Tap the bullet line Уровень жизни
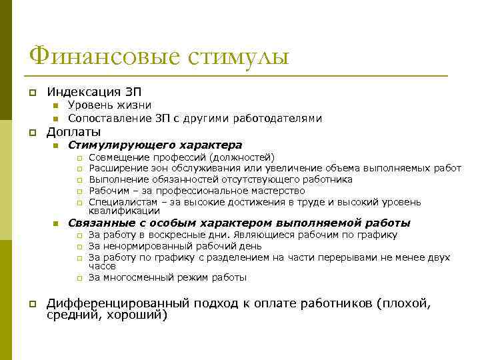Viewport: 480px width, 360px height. coord(109,105)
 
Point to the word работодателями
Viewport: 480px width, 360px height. coord(278,118)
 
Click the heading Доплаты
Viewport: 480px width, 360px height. coord(73,131)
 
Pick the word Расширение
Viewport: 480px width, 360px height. coord(114,169)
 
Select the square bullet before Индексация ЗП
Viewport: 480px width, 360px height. coord(31,92)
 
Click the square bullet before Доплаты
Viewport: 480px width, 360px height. coord(31,132)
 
